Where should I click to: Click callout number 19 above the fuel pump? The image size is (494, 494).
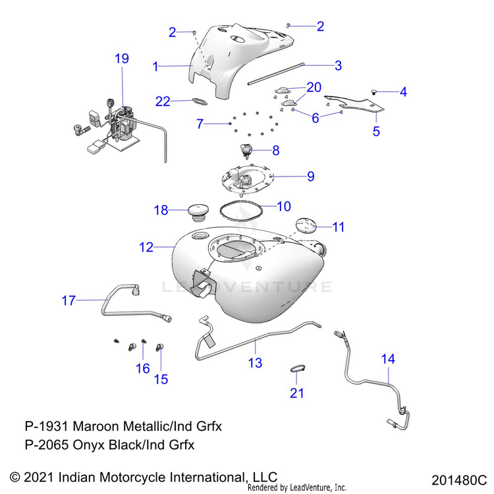(x=122, y=59)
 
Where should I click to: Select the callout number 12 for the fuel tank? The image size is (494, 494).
(x=146, y=248)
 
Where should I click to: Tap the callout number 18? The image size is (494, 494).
(x=161, y=210)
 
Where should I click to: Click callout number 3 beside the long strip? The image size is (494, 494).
(x=338, y=65)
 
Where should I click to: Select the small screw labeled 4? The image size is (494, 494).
(x=373, y=92)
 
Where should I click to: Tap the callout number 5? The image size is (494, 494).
(x=376, y=131)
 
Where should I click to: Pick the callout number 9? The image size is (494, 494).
(x=310, y=177)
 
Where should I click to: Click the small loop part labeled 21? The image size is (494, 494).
(x=298, y=369)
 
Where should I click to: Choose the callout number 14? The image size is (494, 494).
(x=389, y=359)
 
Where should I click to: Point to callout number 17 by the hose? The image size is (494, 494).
(x=69, y=301)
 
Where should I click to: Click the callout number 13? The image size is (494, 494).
(x=255, y=362)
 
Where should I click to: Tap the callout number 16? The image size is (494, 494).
(x=143, y=368)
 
